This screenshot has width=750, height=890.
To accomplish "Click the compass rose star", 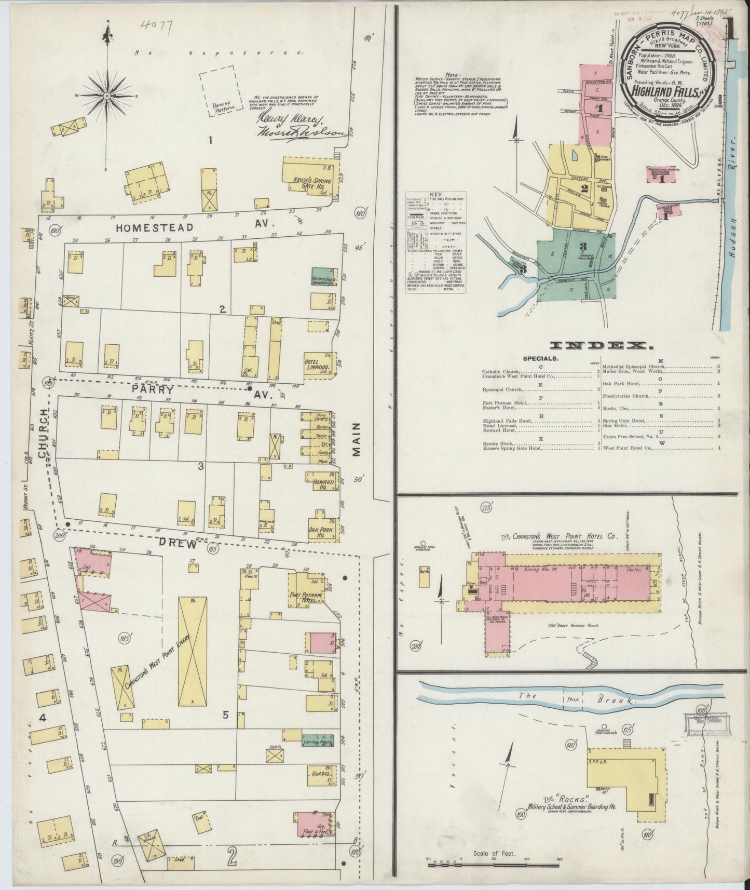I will pos(107,96).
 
